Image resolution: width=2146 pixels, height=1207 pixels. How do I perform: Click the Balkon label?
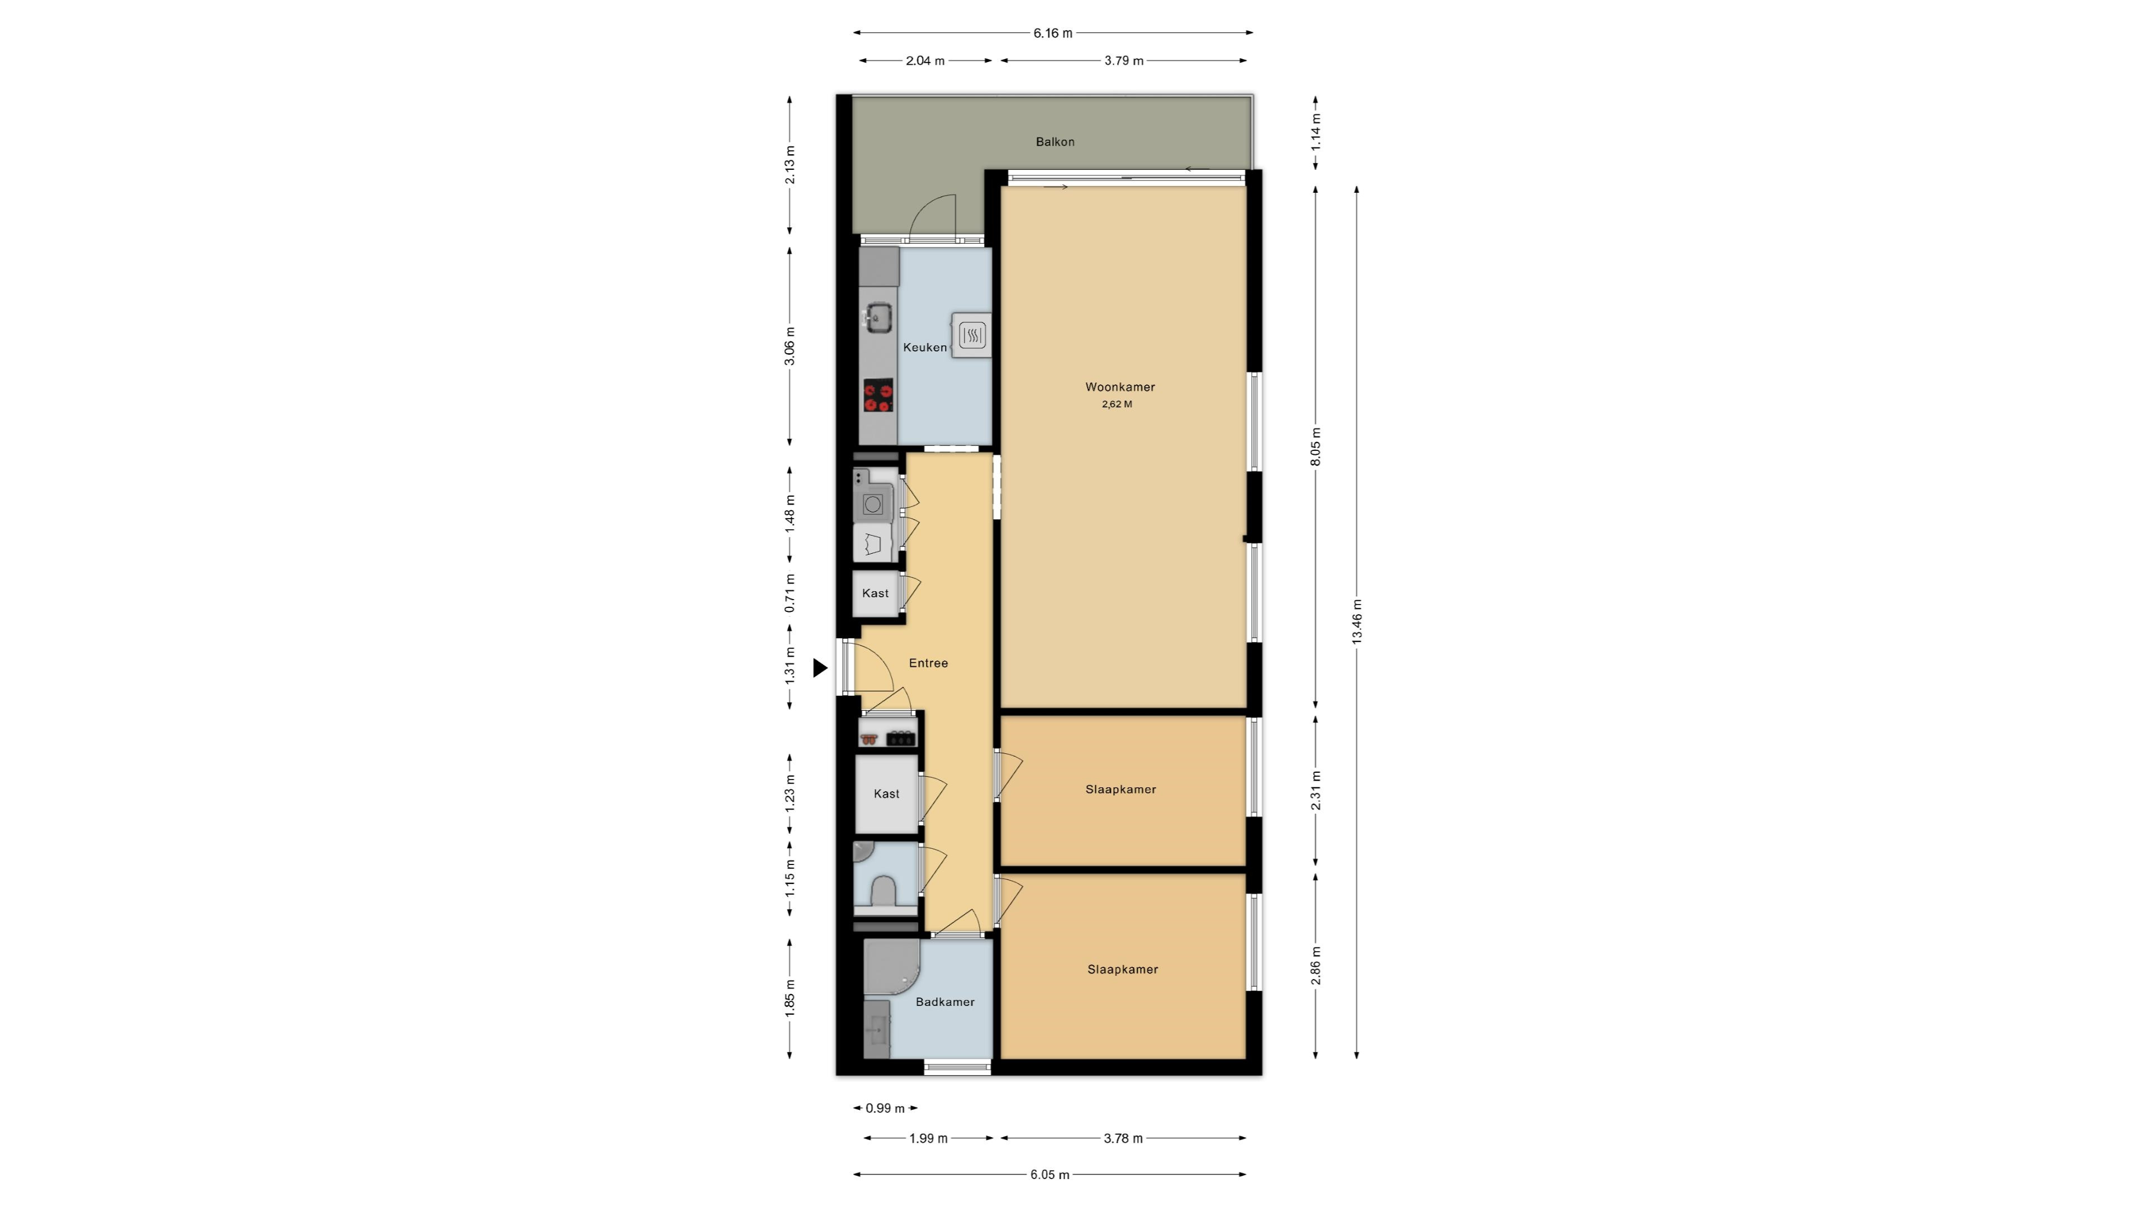point(1055,141)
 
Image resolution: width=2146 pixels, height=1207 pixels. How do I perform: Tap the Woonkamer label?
point(1119,387)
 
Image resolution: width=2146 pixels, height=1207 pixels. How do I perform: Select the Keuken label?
point(925,348)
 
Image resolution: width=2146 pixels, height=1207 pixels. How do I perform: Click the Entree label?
point(928,663)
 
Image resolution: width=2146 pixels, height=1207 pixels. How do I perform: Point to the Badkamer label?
point(944,1002)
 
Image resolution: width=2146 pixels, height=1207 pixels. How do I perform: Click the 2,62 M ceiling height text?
point(1117,405)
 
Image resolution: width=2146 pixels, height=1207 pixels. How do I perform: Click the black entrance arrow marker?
point(820,667)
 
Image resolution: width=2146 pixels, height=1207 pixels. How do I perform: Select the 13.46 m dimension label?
point(1356,621)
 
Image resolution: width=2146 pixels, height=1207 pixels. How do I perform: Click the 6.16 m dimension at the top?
point(1053,34)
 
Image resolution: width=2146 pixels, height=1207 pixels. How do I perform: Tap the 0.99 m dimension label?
point(885,1108)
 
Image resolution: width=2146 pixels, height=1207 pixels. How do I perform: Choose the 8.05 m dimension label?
point(1316,447)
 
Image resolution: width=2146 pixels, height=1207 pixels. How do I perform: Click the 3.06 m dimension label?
point(790,346)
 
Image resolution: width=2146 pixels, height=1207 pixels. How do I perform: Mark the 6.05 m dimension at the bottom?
point(1050,1175)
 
